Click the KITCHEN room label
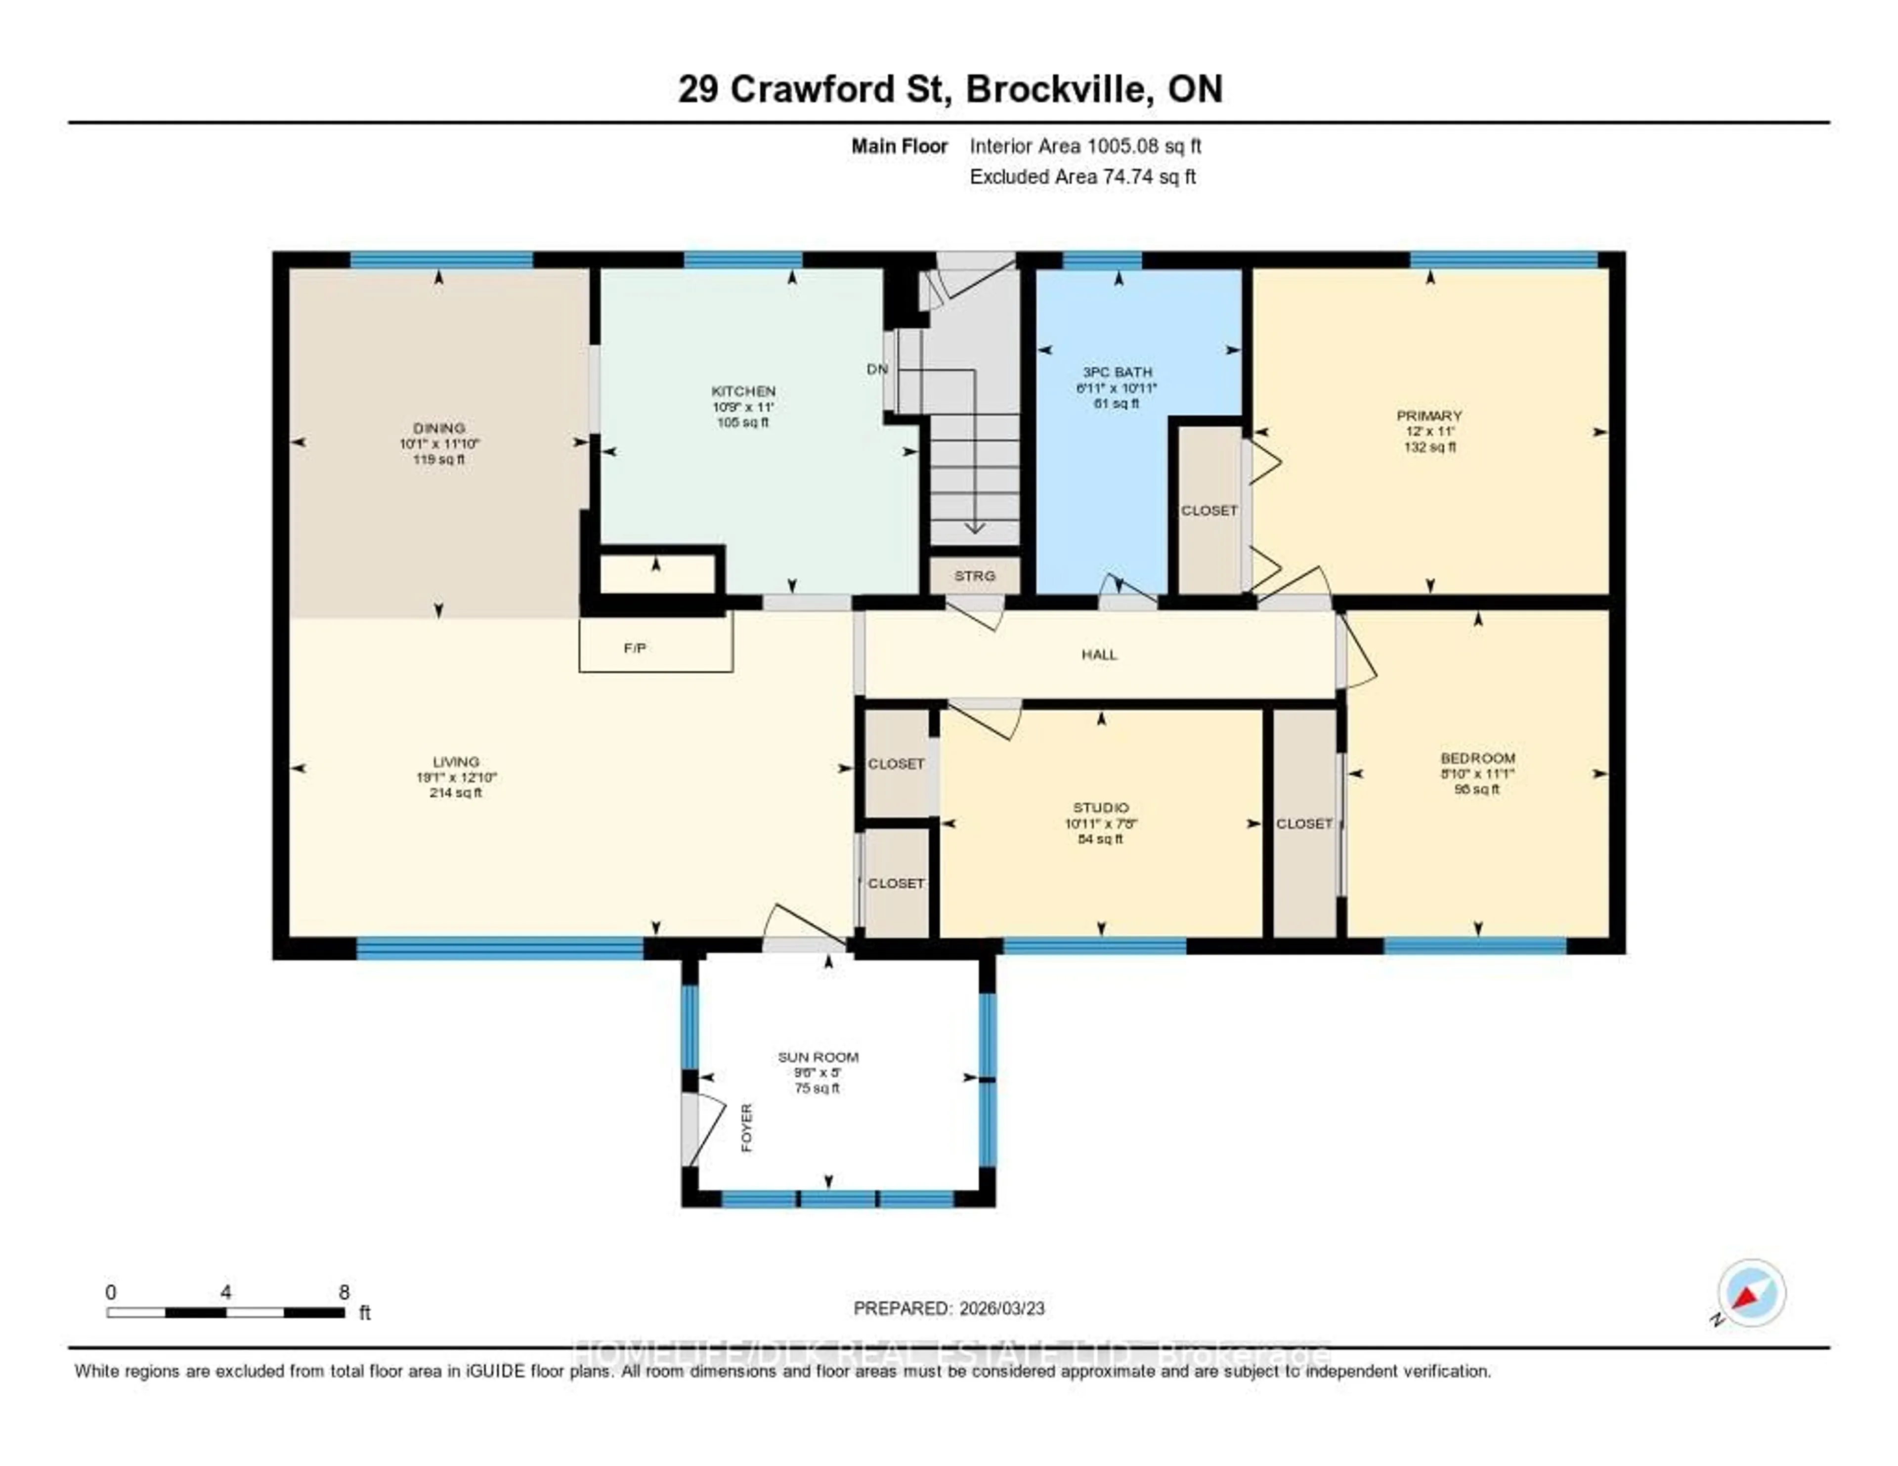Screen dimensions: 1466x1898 pyautogui.click(x=743, y=391)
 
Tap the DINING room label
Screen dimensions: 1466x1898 pyautogui.click(x=439, y=428)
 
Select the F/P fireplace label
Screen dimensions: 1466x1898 pyautogui.click(x=635, y=648)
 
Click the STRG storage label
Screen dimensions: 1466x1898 pyautogui.click(x=974, y=576)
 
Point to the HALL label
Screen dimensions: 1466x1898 pyautogui.click(x=1099, y=654)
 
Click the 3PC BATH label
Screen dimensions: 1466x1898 pyautogui.click(x=1117, y=372)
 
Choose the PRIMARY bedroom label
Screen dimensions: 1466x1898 pyautogui.click(x=1429, y=415)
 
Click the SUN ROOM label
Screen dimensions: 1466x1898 pyautogui.click(x=818, y=1057)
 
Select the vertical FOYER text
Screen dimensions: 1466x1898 pyautogui.click(x=746, y=1128)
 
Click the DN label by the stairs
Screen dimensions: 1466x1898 pyautogui.click(x=877, y=369)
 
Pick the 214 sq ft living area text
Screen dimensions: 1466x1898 pyautogui.click(x=455, y=792)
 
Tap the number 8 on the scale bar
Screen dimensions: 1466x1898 pyautogui.click(x=344, y=1292)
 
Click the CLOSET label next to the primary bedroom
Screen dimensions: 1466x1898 pyautogui.click(x=1209, y=511)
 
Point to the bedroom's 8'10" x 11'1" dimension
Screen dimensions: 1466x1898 pyautogui.click(x=1476, y=774)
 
